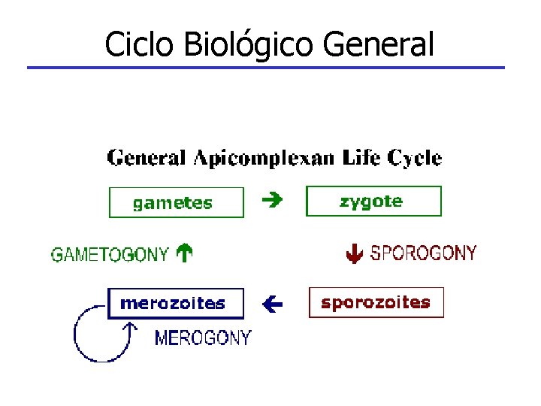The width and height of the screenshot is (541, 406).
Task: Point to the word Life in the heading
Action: click(x=362, y=158)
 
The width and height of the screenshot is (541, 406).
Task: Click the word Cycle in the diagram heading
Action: click(x=415, y=159)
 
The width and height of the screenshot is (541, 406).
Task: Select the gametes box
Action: click(x=177, y=202)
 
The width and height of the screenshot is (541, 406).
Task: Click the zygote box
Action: click(x=373, y=201)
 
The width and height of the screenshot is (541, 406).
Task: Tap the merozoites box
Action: click(x=176, y=304)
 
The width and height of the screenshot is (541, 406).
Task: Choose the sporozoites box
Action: click(x=376, y=302)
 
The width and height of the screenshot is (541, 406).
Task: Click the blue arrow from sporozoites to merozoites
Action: click(x=272, y=304)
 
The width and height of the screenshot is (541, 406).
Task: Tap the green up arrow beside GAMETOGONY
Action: click(x=184, y=254)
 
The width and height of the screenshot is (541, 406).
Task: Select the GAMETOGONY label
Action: click(x=110, y=255)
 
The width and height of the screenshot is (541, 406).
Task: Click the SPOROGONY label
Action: click(x=423, y=253)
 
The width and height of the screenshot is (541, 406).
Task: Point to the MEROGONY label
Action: click(x=203, y=338)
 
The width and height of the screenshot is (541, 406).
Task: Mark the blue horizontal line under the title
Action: click(x=266, y=68)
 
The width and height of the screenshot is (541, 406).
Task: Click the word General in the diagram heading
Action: click(x=147, y=159)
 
